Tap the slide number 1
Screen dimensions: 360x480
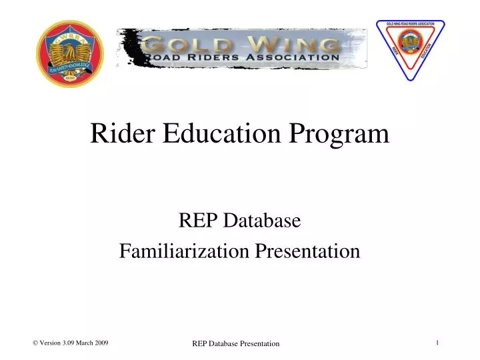point(437,343)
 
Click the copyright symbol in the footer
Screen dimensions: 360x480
point(35,343)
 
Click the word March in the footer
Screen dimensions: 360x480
point(85,343)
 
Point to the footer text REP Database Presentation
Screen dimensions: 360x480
point(236,343)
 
